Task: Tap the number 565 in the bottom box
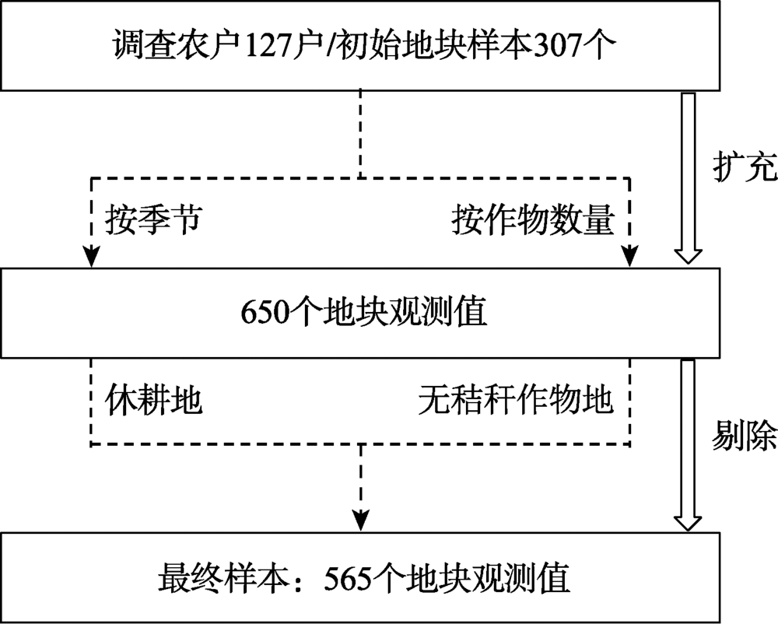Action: coord(352,577)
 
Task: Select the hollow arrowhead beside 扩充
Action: coord(688,255)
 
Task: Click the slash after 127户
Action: coord(334,47)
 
